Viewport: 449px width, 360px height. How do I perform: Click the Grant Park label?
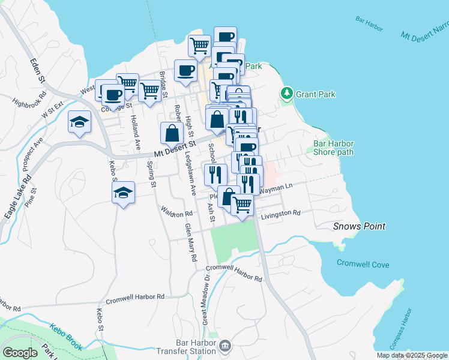pyautogui.click(x=315, y=94)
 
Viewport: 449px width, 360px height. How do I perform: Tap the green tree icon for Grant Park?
pyautogui.click(x=287, y=93)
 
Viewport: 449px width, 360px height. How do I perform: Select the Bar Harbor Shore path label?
pyautogui.click(x=334, y=148)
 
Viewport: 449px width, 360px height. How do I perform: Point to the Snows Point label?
pyautogui.click(x=359, y=226)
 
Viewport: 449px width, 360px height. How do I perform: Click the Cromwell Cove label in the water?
pyautogui.click(x=363, y=264)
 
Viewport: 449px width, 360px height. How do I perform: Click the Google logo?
pyautogui.click(x=20, y=353)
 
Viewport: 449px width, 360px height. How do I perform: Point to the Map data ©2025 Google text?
pyautogui.click(x=411, y=355)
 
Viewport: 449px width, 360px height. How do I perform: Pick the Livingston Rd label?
pyautogui.click(x=280, y=213)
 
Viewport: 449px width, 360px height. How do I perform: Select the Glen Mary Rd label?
pyautogui.click(x=191, y=242)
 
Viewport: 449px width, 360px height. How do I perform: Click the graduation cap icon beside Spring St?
pyautogui.click(x=123, y=193)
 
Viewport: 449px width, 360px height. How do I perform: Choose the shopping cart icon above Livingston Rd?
pyautogui.click(x=243, y=205)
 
